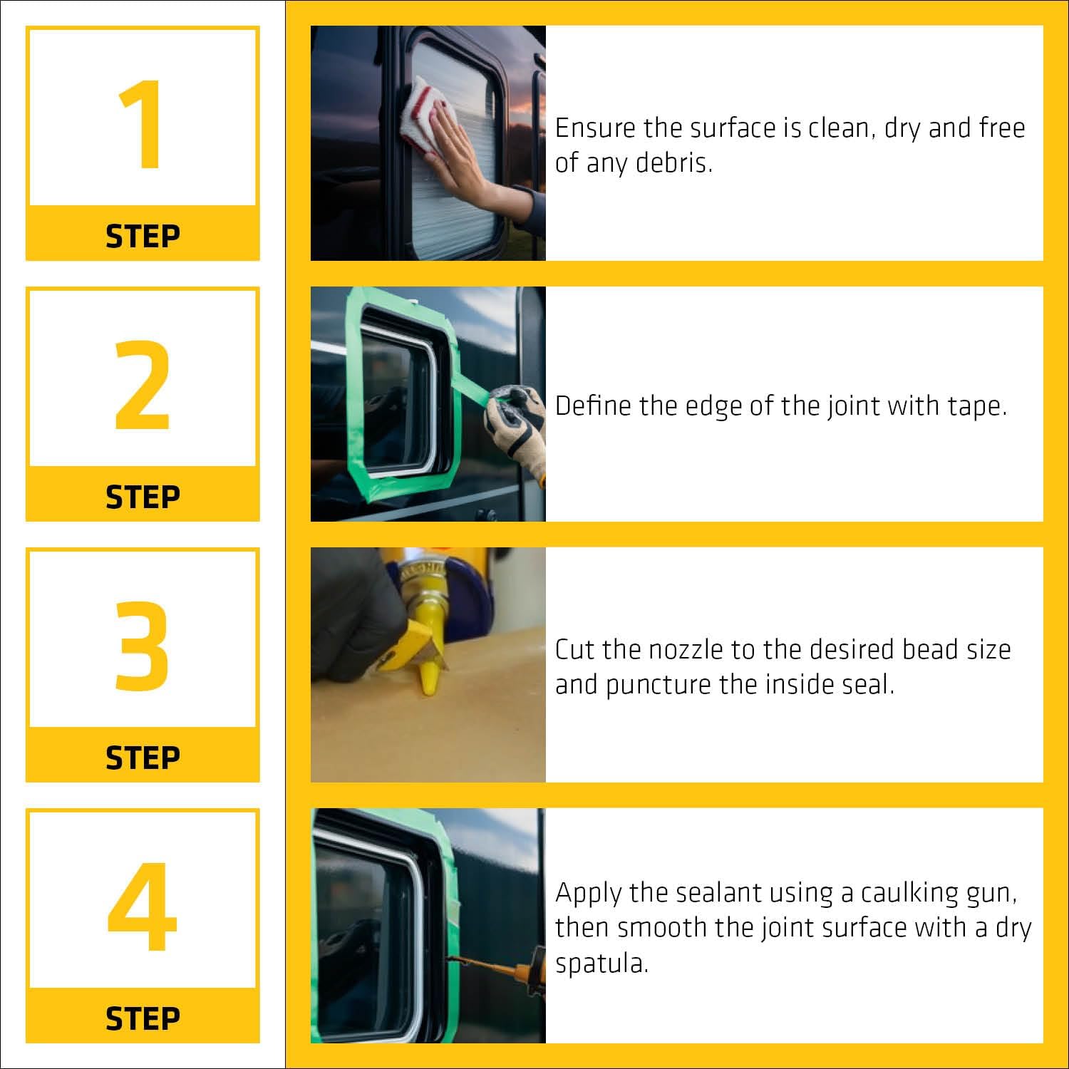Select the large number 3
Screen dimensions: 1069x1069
tap(143, 646)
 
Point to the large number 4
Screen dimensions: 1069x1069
tap(143, 907)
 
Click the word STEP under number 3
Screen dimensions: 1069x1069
tap(143, 758)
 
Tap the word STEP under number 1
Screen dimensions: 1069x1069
tap(143, 236)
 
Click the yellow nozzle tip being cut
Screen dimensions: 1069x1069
tap(430, 675)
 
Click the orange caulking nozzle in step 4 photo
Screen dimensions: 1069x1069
tap(492, 966)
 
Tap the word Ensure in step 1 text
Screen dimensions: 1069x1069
tap(595, 128)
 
